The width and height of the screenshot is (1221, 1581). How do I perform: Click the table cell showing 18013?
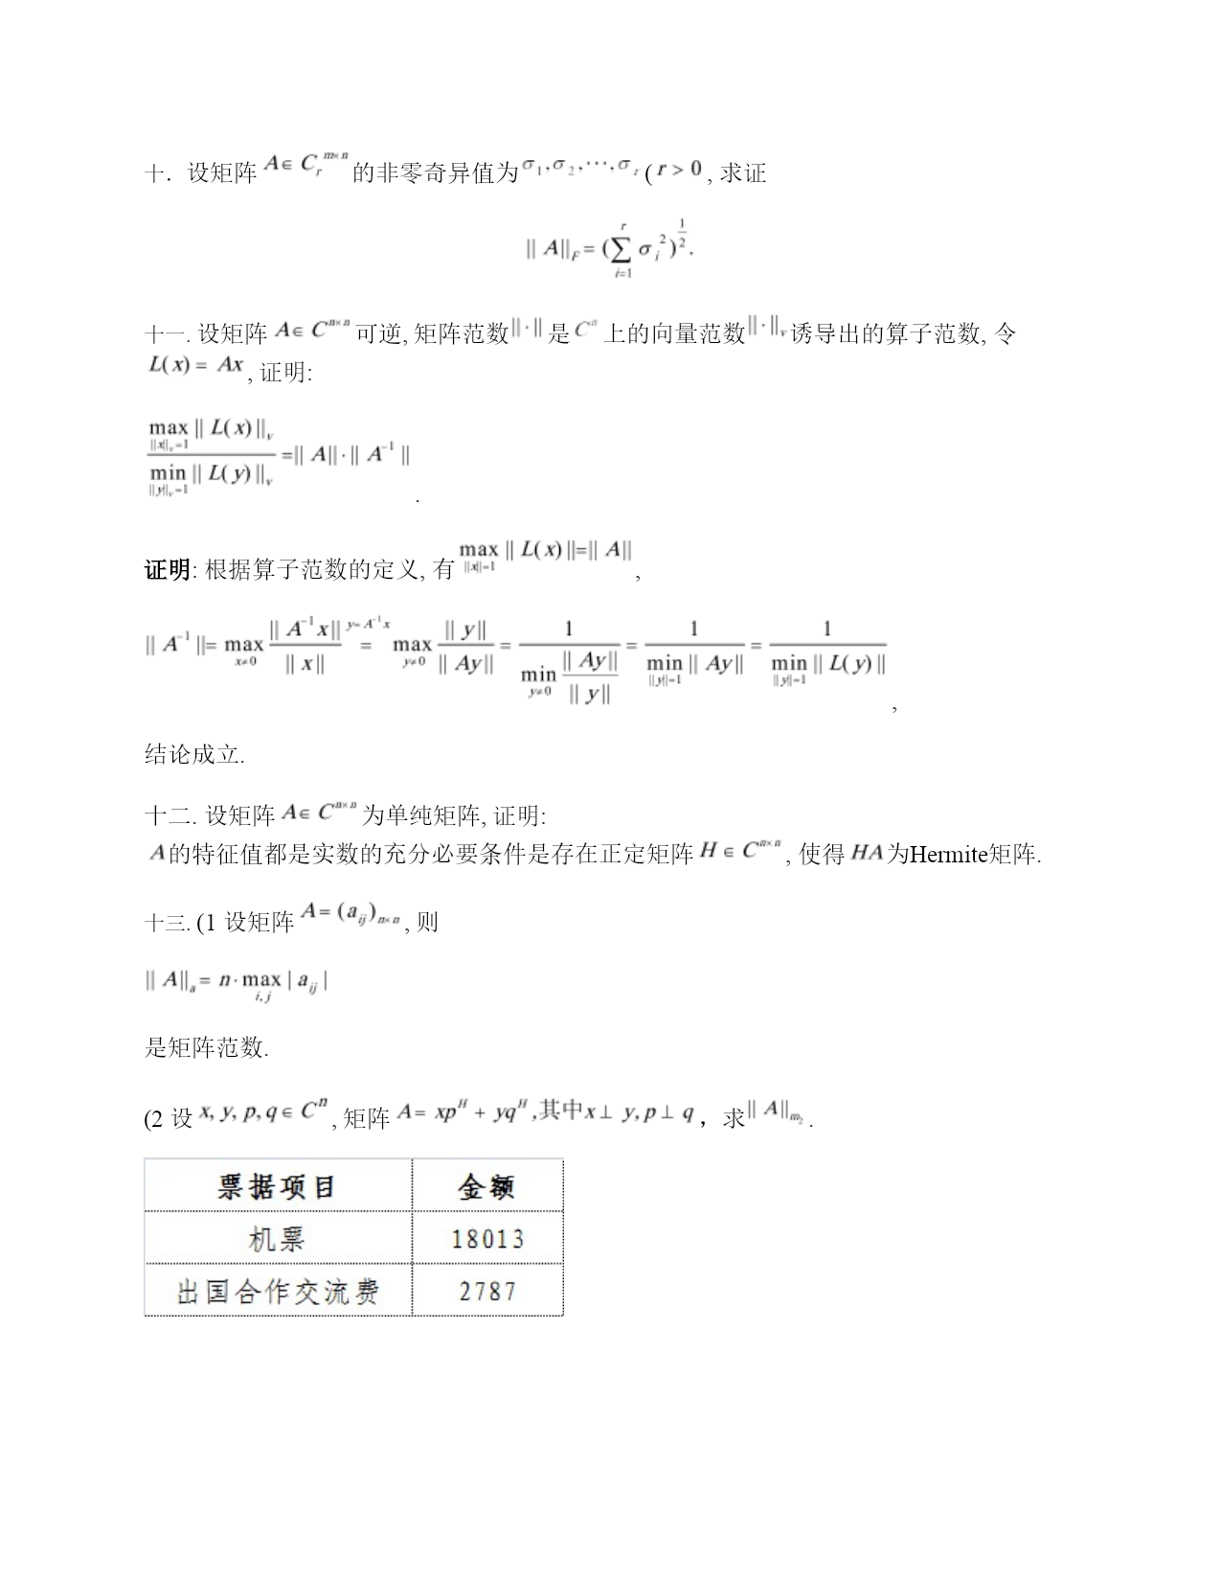[487, 1239]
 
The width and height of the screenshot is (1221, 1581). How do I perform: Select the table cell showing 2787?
[487, 1291]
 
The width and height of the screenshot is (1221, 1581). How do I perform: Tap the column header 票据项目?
[278, 1187]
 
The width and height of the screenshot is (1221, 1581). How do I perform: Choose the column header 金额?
[487, 1187]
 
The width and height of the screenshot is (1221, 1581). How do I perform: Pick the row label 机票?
[278, 1239]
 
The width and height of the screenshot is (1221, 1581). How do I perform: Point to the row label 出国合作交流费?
[278, 1292]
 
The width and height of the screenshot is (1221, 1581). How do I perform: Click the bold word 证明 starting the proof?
[167, 571]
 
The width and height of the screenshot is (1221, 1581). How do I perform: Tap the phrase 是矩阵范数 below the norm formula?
[205, 1048]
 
